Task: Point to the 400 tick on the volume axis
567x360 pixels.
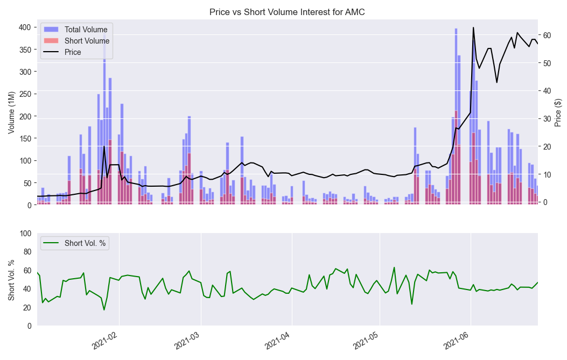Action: coord(24,27)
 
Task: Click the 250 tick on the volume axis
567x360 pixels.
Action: coord(24,94)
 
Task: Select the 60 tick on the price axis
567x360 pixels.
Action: coord(548,35)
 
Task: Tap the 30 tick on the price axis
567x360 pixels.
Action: coord(548,118)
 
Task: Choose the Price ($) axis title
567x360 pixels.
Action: coord(558,113)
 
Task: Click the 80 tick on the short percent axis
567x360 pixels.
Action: coord(24,252)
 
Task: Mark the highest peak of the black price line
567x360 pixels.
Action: coord(473,27)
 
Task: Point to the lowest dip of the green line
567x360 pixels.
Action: coord(104,310)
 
